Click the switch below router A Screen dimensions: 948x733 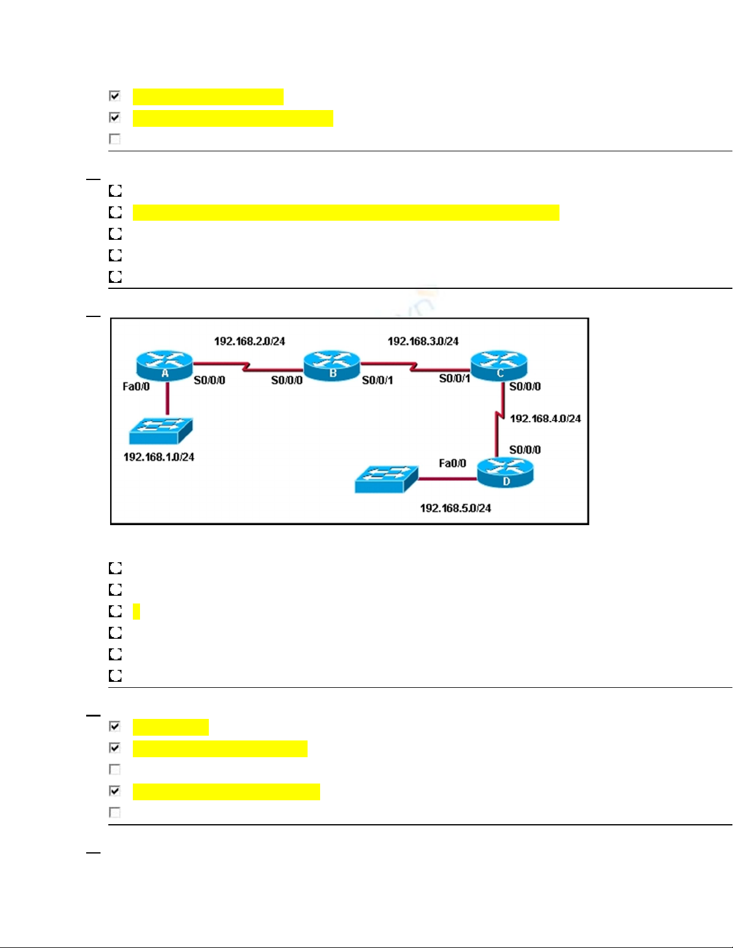[160, 430]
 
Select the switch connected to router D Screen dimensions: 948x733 [386, 479]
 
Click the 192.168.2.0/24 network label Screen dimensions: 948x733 [250, 342]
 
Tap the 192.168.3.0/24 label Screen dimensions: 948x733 [423, 342]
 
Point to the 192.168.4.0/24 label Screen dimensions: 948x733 [545, 419]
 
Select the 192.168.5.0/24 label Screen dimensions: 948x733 [455, 508]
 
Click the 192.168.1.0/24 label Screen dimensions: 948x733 [159, 457]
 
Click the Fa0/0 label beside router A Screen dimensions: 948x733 [136, 387]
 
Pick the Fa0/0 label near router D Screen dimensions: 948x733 [452, 464]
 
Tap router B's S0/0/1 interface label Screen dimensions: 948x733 [378, 380]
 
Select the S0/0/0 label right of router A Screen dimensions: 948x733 [209, 380]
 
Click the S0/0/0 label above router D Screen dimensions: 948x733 [525, 450]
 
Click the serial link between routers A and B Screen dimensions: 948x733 [247, 366]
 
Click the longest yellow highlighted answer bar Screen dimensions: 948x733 [346, 213]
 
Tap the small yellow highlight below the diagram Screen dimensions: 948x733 [136, 611]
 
